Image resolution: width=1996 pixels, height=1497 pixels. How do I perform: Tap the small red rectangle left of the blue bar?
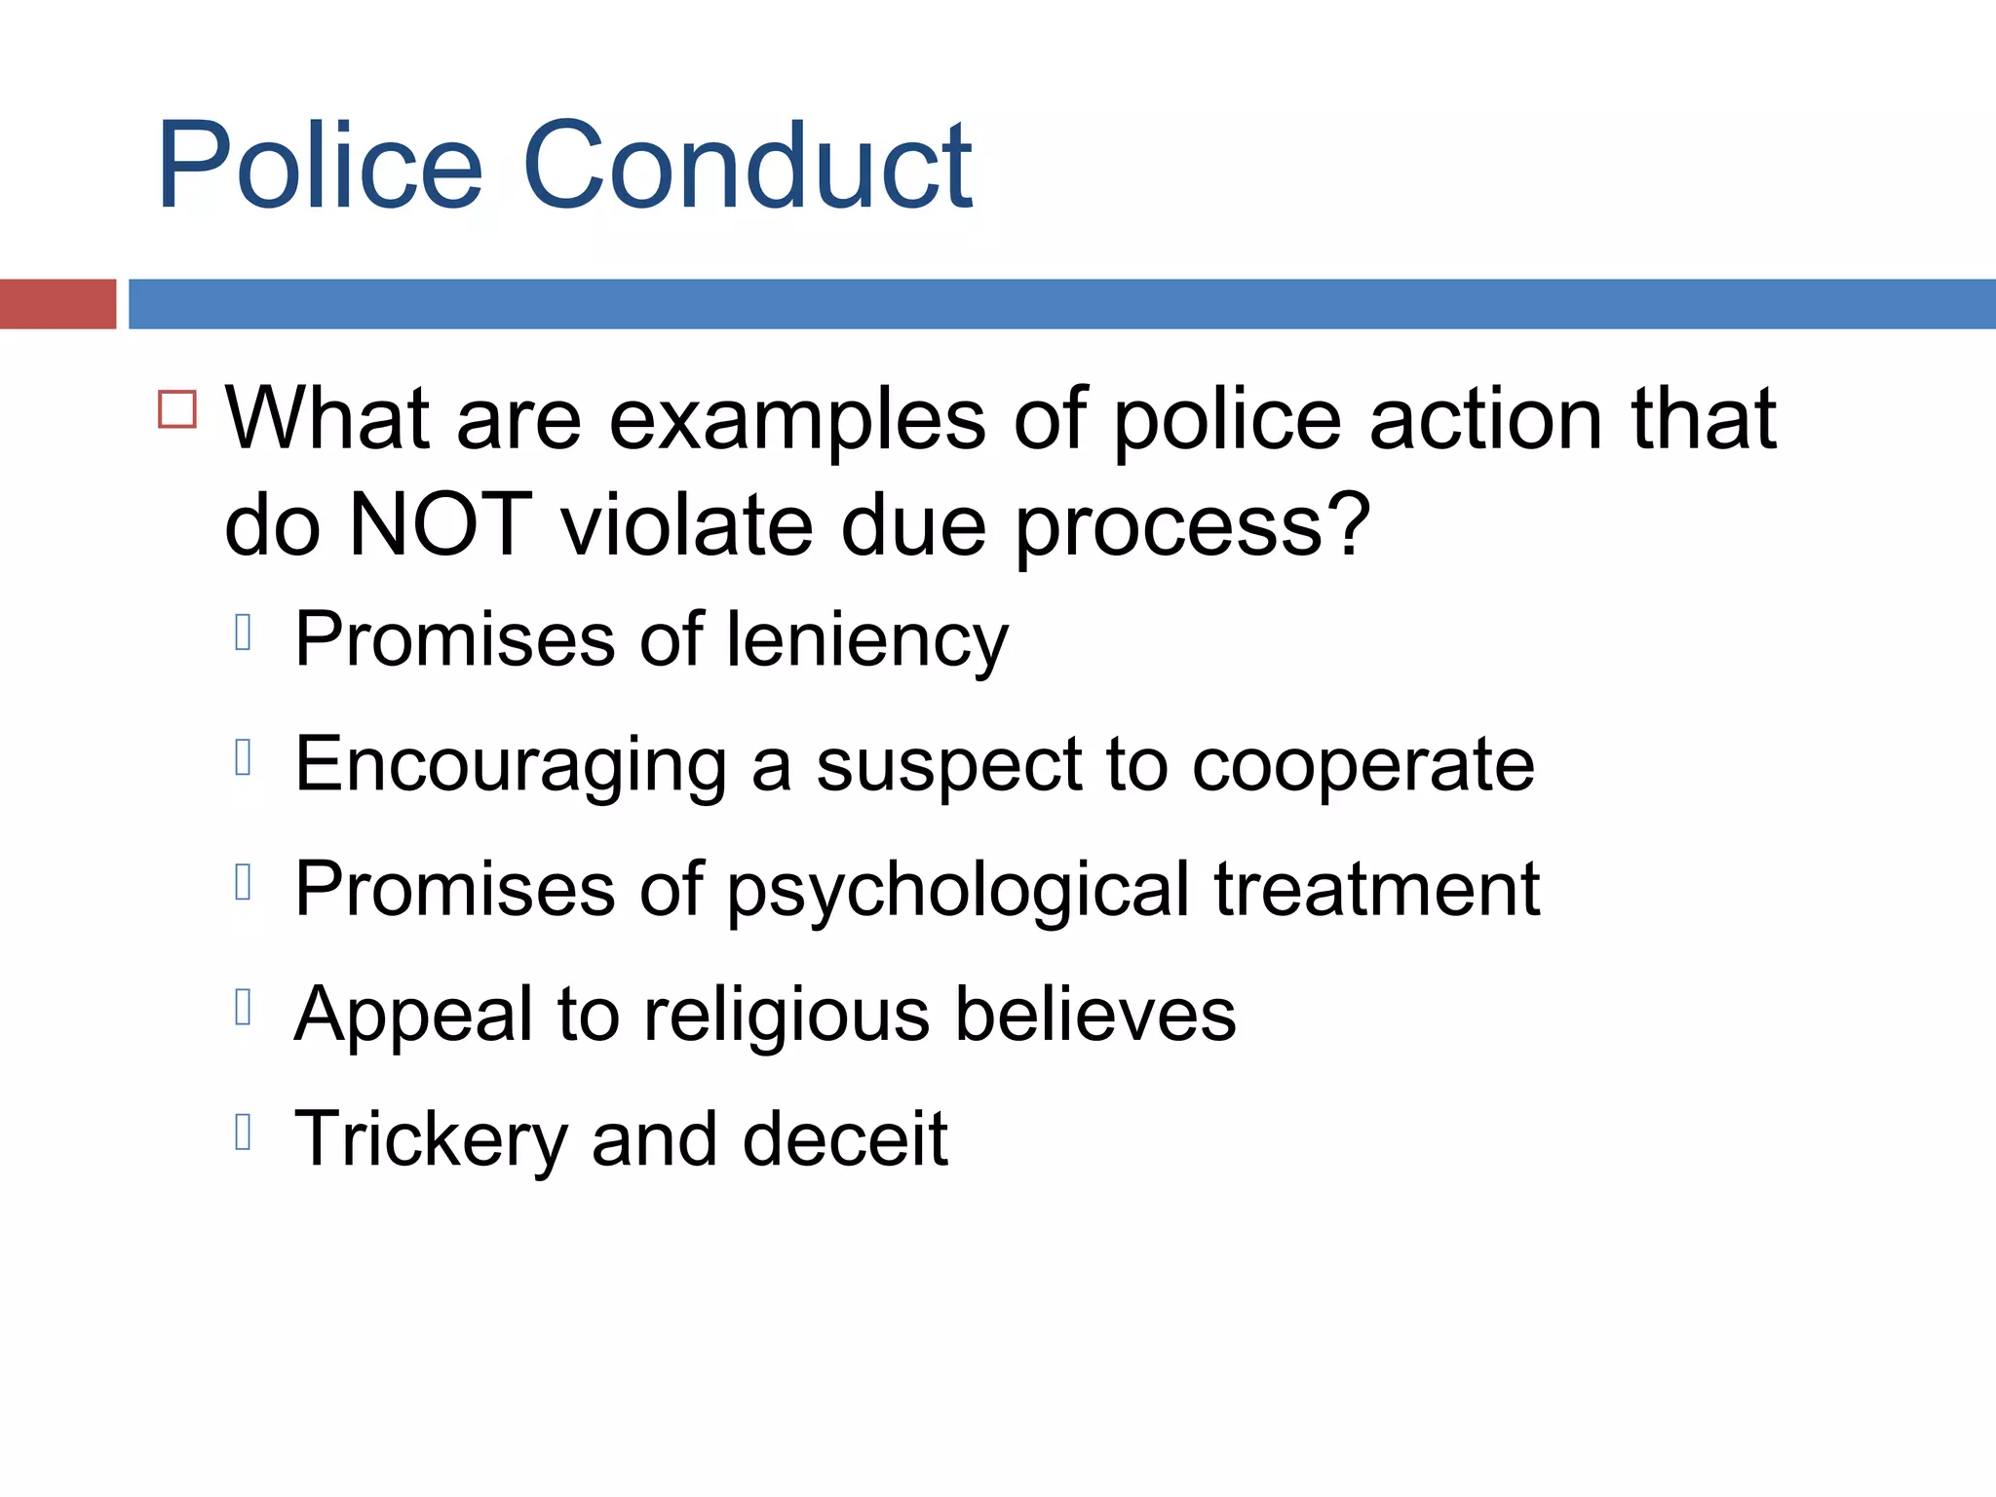pos(58,304)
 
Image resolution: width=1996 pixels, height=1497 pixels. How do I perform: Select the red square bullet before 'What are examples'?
pos(177,409)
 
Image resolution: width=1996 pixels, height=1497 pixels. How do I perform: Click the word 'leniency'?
pos(867,641)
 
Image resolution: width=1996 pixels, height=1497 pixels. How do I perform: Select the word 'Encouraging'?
pos(511,766)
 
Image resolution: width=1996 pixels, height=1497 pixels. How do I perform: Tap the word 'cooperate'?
pos(1363,766)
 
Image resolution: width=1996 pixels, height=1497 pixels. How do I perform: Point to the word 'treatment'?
pos(1376,889)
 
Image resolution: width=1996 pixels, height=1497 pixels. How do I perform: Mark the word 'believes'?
pos(1095,1014)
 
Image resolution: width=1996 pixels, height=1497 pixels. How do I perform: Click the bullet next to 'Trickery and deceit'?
pos(244,1132)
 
